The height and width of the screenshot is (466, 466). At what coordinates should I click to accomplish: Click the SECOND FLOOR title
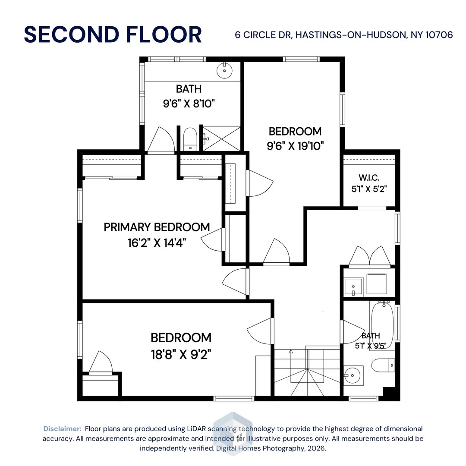click(113, 35)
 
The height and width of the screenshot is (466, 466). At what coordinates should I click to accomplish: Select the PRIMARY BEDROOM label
click(157, 227)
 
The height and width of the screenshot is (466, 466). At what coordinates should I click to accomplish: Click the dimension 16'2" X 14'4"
click(157, 243)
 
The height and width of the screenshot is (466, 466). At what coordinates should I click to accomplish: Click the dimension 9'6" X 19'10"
click(295, 146)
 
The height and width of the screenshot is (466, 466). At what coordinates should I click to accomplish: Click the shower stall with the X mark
click(221, 138)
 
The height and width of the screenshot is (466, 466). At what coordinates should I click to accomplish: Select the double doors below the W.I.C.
click(370, 255)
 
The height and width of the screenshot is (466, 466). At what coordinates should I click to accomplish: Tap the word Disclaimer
click(62, 429)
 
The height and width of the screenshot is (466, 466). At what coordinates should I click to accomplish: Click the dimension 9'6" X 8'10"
click(189, 104)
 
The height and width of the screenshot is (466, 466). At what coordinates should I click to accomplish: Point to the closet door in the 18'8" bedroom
click(100, 362)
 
